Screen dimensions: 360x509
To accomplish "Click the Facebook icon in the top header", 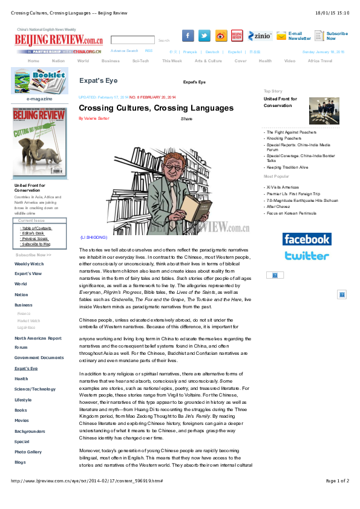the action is [x=188, y=36].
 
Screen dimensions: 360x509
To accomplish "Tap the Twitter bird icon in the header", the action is [x=205, y=36].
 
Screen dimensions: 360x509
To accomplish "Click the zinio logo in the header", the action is [x=260, y=36].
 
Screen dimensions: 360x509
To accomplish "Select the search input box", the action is [x=133, y=40].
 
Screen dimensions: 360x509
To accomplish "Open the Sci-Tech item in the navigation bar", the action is [x=141, y=60].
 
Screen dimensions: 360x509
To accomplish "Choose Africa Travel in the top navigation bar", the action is [x=320, y=60].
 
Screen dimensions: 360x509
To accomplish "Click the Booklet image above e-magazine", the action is [x=41, y=80].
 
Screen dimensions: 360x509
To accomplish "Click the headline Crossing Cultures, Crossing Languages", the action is [x=156, y=108].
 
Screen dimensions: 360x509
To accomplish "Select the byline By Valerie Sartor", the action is [x=94, y=118].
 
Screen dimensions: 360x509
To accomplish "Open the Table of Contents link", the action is [x=36, y=228].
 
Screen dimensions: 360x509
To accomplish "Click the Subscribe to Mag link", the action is [x=36, y=244].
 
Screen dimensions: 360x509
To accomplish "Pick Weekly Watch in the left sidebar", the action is [x=29, y=264].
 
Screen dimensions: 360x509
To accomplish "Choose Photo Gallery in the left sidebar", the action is [x=28, y=452].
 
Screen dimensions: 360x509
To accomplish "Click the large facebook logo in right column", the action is [x=307, y=239].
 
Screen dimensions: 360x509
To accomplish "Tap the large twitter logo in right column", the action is [x=307, y=256].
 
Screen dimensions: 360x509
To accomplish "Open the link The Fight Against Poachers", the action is [x=291, y=132].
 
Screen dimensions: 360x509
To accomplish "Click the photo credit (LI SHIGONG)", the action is [x=94, y=238].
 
